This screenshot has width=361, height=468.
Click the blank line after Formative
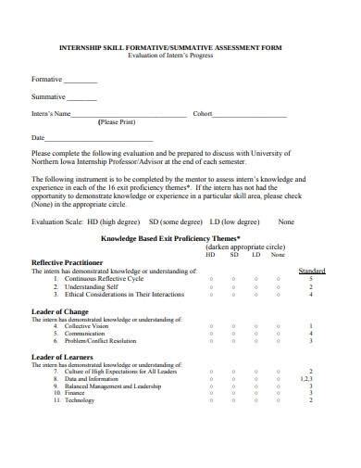tap(81, 81)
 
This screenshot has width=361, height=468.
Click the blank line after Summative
tap(81, 97)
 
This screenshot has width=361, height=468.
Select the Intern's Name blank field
tap(129, 115)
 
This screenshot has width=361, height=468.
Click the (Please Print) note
tap(122, 122)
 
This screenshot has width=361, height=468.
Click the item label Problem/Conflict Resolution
tap(99, 343)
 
